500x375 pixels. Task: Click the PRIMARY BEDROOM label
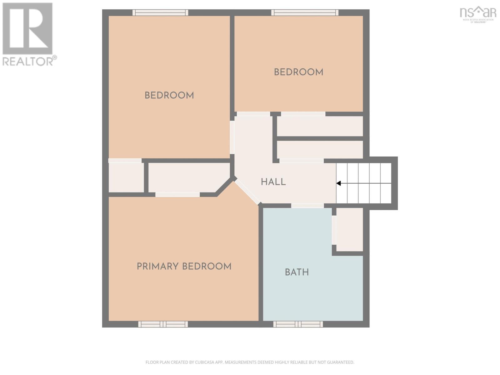click(x=184, y=267)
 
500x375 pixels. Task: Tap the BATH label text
click(x=297, y=272)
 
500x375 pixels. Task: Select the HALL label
click(x=273, y=182)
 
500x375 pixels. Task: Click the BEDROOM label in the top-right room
click(x=298, y=72)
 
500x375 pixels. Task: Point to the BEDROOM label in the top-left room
click(x=169, y=95)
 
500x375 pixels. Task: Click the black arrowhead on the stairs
click(x=338, y=183)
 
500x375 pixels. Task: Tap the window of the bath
click(x=298, y=324)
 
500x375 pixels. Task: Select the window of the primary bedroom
click(x=163, y=324)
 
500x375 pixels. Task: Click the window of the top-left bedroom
click(x=160, y=12)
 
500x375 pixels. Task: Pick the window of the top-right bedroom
click(x=305, y=12)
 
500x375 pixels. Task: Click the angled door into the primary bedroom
click(x=247, y=192)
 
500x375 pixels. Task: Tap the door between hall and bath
click(x=307, y=206)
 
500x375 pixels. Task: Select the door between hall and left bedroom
click(x=232, y=137)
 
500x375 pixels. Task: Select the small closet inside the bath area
click(x=350, y=229)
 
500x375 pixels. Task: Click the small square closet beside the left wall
click(x=126, y=177)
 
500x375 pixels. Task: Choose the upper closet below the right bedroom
click(x=320, y=126)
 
